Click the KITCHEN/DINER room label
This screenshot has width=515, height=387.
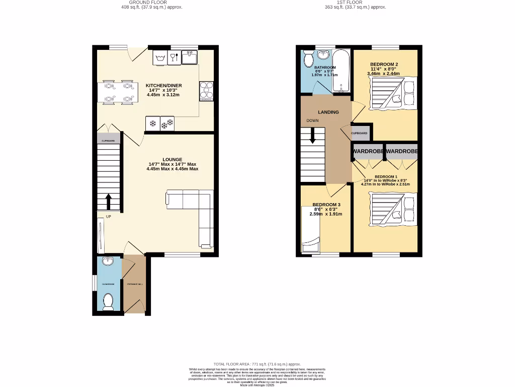coord(163,86)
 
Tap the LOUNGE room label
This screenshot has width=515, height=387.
coord(172,160)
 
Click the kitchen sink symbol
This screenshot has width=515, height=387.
coord(190,57)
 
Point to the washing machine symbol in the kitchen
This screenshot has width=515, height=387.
coord(160,58)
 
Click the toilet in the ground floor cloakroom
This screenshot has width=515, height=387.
coord(108,301)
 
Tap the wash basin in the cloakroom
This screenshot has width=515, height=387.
coord(107,261)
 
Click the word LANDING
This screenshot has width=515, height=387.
coord(328,112)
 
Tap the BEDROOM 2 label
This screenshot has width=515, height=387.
coord(384,64)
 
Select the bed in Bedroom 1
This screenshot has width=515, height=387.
coord(394,210)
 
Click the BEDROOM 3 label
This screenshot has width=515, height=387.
coord(326,205)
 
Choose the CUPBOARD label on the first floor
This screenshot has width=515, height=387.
coord(359,133)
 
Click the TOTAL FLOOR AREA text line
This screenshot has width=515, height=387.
coord(257,364)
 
